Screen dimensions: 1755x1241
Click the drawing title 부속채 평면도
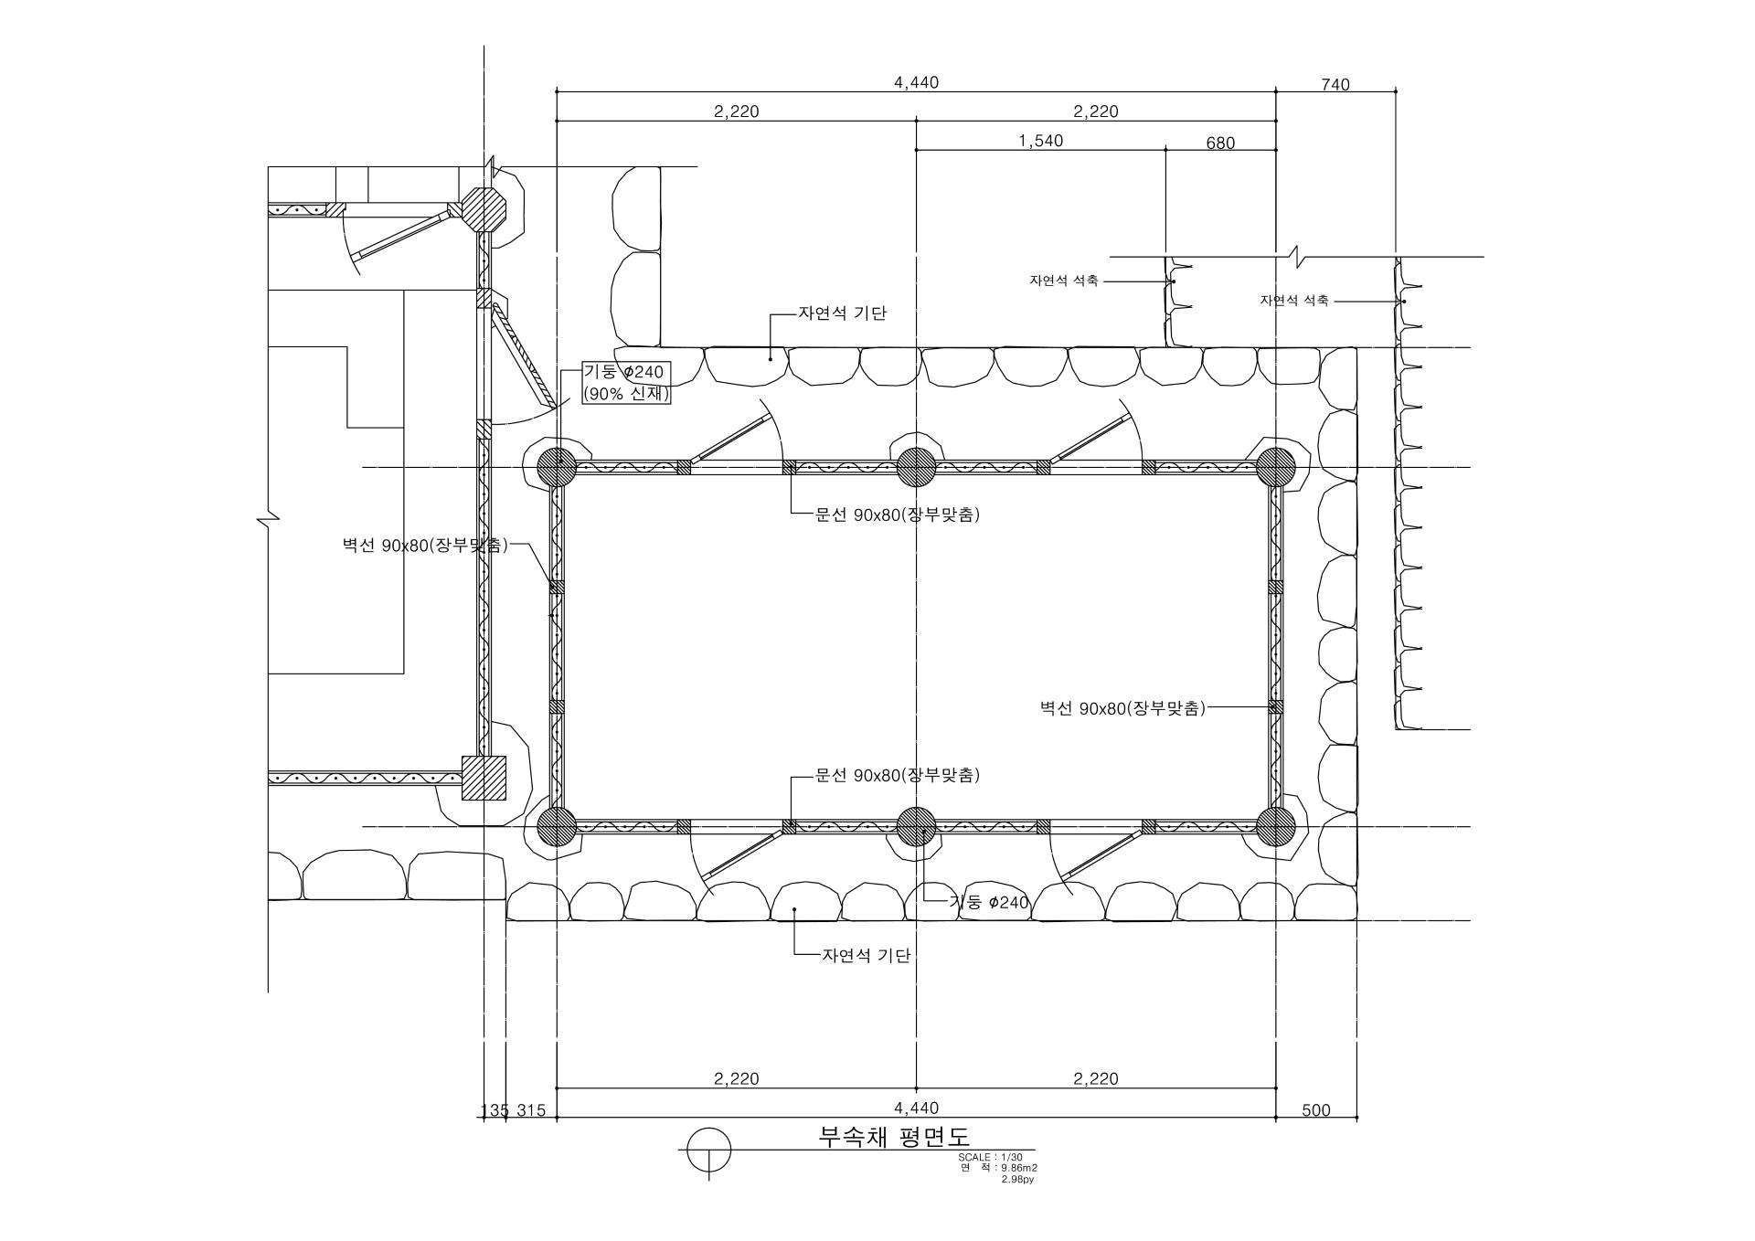pos(894,1136)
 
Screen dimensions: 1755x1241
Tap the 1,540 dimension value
pos(1040,141)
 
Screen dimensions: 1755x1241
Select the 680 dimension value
pos(1220,143)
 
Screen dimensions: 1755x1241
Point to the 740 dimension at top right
pos(1335,85)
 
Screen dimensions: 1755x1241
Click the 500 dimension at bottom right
pos(1316,1110)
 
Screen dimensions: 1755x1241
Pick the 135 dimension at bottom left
pos(495,1110)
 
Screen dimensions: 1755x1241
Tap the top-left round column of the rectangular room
pos(556,468)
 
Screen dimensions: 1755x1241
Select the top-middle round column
pos(916,468)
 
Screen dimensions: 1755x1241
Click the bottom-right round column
pos(1276,827)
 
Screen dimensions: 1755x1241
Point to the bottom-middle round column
pos(916,827)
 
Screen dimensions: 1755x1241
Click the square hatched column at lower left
pos(484,778)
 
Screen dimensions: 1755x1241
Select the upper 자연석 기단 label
pos(842,313)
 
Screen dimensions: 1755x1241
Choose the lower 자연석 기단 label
pos(867,956)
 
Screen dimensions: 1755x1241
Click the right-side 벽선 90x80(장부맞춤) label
pos(1122,708)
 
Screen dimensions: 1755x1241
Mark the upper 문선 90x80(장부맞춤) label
pos(898,514)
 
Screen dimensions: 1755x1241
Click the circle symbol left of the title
pos(708,1150)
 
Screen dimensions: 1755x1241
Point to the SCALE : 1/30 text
pos(990,1157)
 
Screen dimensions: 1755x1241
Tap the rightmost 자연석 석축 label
pos(1294,301)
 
